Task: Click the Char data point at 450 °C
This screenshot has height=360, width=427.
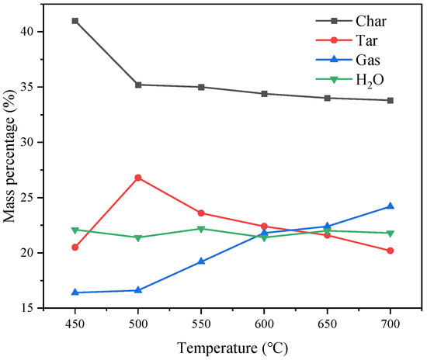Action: (x=75, y=21)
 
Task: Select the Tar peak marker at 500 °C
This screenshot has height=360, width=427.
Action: (x=138, y=178)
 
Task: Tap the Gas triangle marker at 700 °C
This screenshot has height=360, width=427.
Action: (x=390, y=206)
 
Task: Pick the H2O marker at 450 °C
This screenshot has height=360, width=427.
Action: (x=75, y=230)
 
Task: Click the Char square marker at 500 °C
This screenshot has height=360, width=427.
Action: (x=138, y=85)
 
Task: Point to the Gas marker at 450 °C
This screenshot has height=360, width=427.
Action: (x=75, y=292)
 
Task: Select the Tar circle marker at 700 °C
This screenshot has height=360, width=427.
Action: (x=390, y=251)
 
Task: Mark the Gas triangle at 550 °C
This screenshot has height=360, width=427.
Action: (x=201, y=261)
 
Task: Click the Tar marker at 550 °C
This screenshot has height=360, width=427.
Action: (x=201, y=213)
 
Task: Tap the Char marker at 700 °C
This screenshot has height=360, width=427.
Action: (x=390, y=100)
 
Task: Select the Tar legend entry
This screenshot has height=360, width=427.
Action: (x=365, y=41)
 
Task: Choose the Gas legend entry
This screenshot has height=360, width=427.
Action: (x=365, y=60)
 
